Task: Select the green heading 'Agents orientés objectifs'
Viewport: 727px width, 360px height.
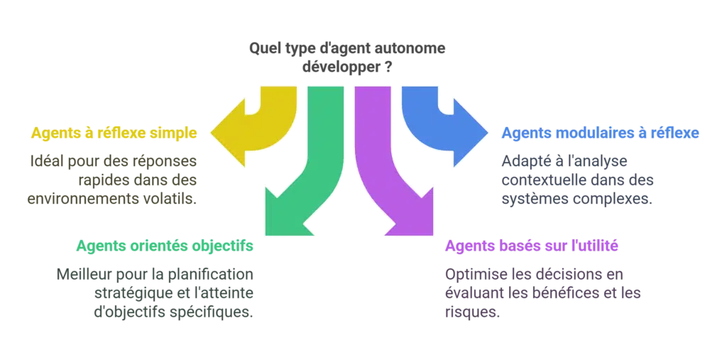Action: point(164,246)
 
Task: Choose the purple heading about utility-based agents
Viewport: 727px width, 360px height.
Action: point(530,246)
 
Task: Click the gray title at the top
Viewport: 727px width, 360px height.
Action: point(348,57)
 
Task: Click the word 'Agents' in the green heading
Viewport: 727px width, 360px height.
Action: point(97,246)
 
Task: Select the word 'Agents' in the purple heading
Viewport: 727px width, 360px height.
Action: point(466,246)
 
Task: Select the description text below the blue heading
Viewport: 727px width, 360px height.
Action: point(579,180)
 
